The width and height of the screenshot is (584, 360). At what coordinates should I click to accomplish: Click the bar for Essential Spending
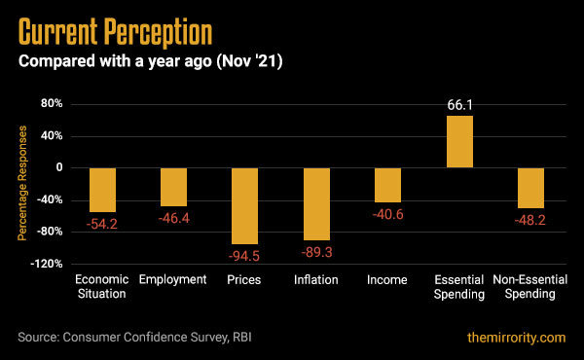(x=459, y=142)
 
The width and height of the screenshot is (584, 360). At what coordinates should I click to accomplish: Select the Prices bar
(x=244, y=205)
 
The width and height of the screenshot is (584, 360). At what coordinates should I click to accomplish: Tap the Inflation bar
(x=316, y=203)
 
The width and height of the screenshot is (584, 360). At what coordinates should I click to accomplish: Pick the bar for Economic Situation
(x=102, y=190)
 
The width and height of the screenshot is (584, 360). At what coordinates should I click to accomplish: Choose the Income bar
(x=387, y=185)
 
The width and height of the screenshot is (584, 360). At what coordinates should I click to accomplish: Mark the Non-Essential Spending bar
(x=530, y=187)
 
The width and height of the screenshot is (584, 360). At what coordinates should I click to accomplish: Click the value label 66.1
(x=459, y=104)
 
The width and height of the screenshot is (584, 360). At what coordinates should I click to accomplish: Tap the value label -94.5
(x=245, y=256)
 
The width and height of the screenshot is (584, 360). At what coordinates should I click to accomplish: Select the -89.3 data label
(x=316, y=251)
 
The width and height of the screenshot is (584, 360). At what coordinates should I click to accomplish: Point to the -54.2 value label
(x=102, y=224)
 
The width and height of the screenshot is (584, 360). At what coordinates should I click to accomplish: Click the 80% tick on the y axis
(x=52, y=103)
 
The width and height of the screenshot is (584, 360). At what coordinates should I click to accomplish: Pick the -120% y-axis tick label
(x=46, y=264)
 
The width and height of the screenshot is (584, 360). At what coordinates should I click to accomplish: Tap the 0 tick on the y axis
(x=59, y=167)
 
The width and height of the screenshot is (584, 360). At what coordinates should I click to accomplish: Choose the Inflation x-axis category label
(x=316, y=280)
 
